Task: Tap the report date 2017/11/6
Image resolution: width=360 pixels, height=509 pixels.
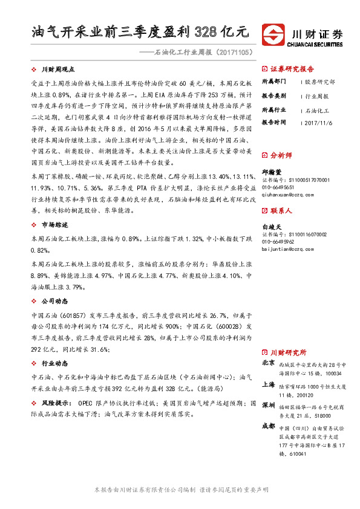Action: tap(319, 122)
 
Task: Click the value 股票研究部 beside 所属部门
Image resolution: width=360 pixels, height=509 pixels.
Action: tap(319, 81)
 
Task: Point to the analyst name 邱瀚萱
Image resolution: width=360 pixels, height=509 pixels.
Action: tap(272, 172)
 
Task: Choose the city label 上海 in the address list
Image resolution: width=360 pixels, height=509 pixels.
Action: tap(269, 384)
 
